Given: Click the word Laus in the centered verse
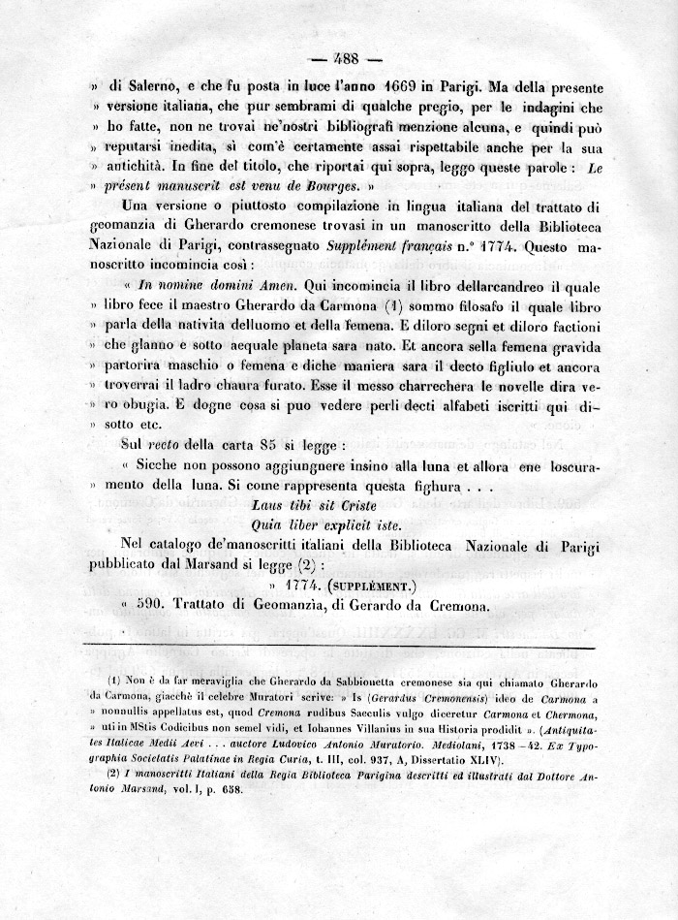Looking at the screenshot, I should click(x=268, y=507).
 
